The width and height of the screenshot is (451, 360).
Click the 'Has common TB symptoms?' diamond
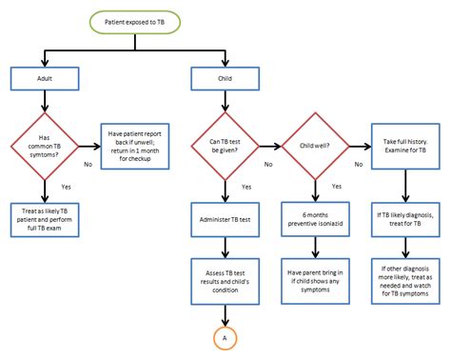click(44, 146)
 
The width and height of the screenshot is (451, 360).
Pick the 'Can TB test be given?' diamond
click(225, 146)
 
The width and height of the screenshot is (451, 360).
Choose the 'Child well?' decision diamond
click(315, 146)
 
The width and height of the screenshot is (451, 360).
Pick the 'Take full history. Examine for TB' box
click(405, 146)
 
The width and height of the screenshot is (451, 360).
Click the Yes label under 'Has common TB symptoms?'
click(66, 187)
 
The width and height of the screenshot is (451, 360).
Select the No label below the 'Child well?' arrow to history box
click(358, 164)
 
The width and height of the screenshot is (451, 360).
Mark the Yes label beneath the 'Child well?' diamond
click(337, 187)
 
